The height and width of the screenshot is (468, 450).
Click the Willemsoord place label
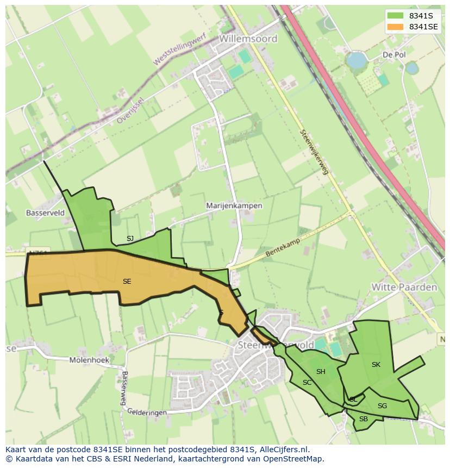coord(248,39)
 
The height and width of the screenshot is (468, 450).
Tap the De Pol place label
coord(394,55)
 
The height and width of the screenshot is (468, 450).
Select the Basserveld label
coord(45,213)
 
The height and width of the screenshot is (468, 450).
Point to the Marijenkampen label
coord(234,206)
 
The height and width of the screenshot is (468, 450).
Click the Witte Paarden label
coord(404,287)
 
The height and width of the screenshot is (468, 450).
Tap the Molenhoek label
coord(89,360)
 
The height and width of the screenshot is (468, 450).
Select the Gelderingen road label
coord(147,413)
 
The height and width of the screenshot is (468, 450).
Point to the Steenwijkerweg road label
coord(315,152)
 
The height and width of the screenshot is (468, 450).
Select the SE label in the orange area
coord(127,281)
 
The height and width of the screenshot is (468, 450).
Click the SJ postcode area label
coord(130,238)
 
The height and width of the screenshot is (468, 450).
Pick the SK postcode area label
coord(376,364)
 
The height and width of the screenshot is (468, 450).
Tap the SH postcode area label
coord(321,372)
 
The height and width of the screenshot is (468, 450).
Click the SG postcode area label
coord(382,405)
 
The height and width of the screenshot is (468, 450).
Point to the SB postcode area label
coord(364,419)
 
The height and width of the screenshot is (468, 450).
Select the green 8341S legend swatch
coord(395,16)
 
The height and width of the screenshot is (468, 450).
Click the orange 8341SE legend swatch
coord(395,27)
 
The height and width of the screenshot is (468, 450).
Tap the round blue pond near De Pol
coord(357,60)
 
